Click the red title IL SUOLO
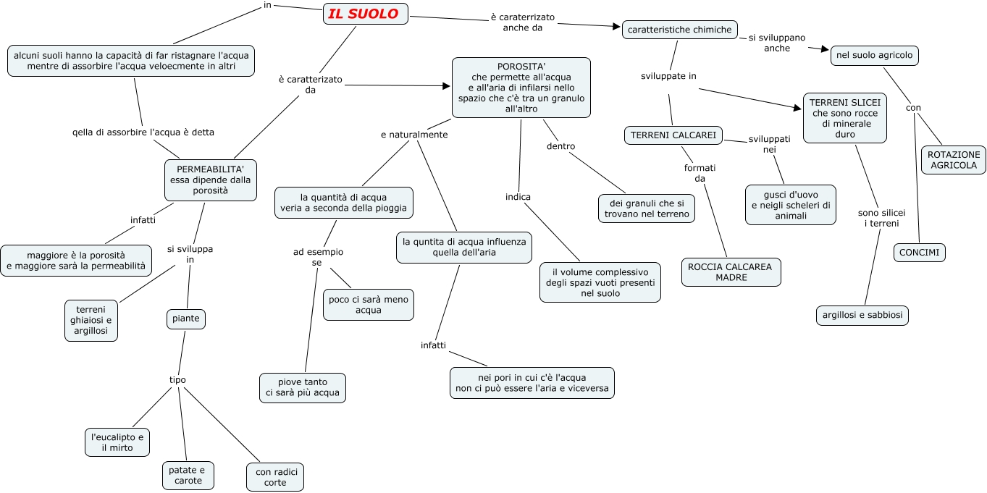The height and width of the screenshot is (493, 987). [365, 14]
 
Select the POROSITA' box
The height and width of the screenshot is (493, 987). [521, 88]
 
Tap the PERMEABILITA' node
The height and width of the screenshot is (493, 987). [210, 180]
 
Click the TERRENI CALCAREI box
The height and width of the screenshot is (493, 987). [673, 135]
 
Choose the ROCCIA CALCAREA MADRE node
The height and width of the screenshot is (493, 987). [730, 271]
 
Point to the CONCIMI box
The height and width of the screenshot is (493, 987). [920, 253]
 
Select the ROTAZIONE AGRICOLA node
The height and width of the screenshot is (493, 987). [953, 160]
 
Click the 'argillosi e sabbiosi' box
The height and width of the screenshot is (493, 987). [862, 316]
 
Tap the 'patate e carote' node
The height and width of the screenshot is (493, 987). [188, 476]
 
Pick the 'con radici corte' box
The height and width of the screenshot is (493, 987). [275, 477]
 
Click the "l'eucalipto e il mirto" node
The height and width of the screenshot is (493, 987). [117, 443]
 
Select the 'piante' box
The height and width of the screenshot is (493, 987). [185, 319]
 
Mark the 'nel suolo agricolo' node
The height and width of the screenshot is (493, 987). [874, 55]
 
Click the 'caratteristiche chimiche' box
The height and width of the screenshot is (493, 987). [679, 30]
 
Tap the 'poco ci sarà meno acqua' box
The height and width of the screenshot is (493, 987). [368, 305]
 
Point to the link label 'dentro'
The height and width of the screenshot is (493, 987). [560, 146]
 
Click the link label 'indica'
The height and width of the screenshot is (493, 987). [518, 197]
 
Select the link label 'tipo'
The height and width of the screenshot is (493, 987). [177, 379]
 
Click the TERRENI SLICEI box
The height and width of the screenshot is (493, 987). [844, 118]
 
